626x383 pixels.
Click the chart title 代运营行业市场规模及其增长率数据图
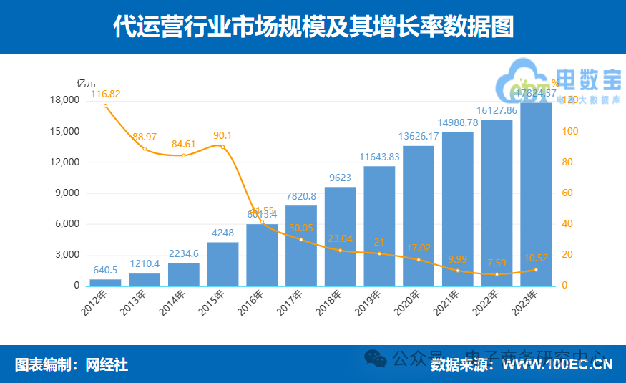[x=313, y=26]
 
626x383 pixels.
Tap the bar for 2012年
[x=105, y=282]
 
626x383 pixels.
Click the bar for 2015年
[x=222, y=263]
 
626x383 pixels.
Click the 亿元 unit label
[x=86, y=83]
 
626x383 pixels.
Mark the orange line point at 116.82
[x=105, y=106]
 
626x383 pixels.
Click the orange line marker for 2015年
[x=222, y=147]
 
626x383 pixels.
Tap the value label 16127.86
[x=497, y=111]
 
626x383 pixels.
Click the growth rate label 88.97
[x=145, y=136]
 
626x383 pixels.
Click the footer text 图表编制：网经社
[x=72, y=365]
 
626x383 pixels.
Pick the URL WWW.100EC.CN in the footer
[x=555, y=365]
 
